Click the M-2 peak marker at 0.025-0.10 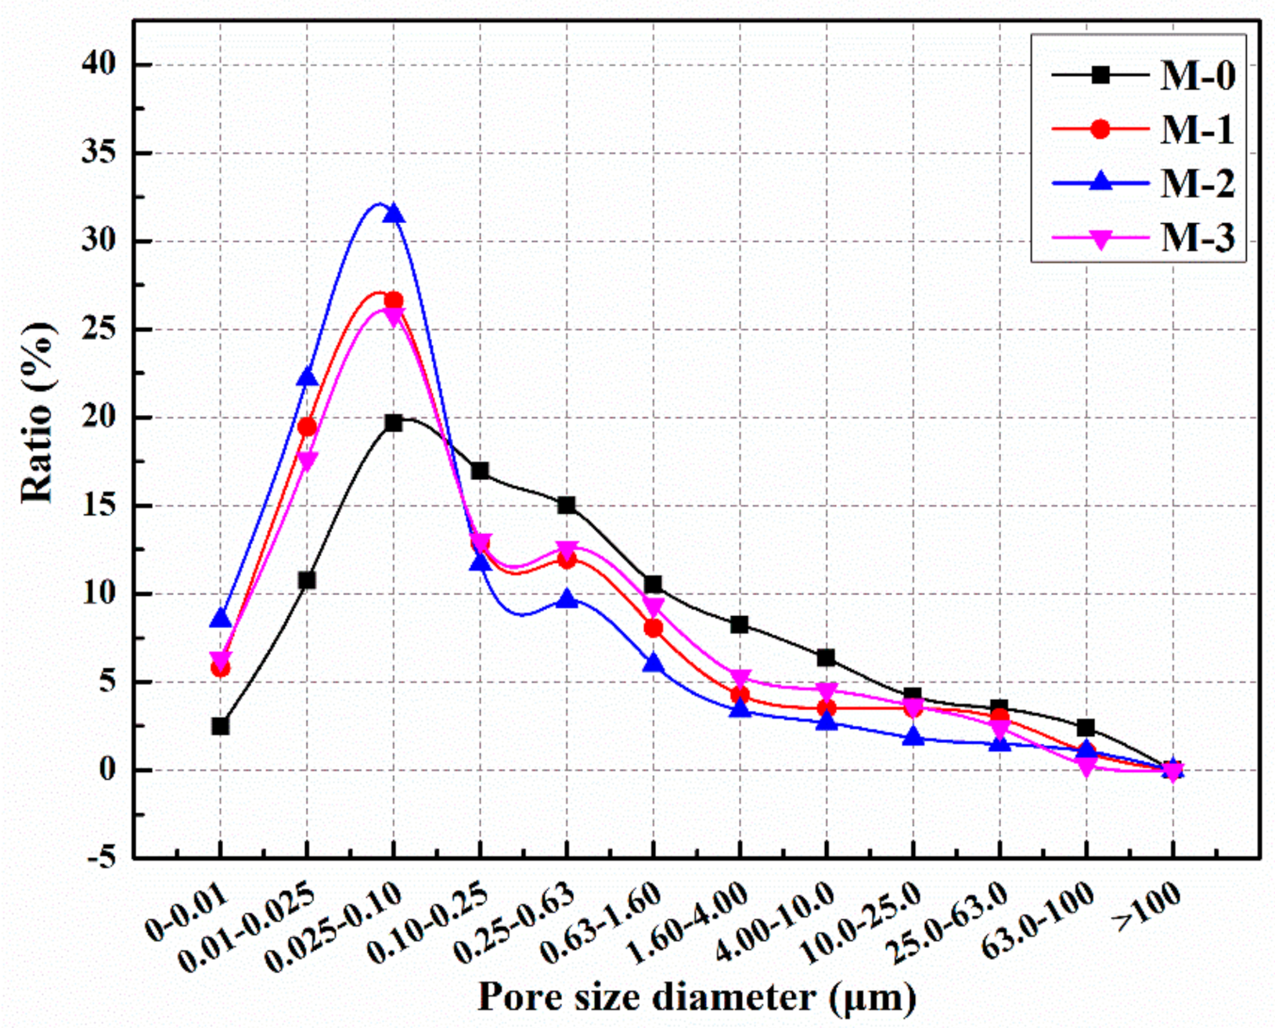(x=394, y=214)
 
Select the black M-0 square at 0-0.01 (x=220, y=726)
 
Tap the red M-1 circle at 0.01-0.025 (x=307, y=427)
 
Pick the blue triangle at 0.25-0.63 (x=567, y=600)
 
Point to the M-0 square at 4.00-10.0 (x=826, y=658)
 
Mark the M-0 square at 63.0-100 (x=1086, y=728)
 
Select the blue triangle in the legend (x=1100, y=182)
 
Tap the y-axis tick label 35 (x=99, y=153)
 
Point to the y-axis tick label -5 (x=99, y=858)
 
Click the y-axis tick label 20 (x=99, y=417)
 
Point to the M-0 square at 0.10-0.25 (x=480, y=471)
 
